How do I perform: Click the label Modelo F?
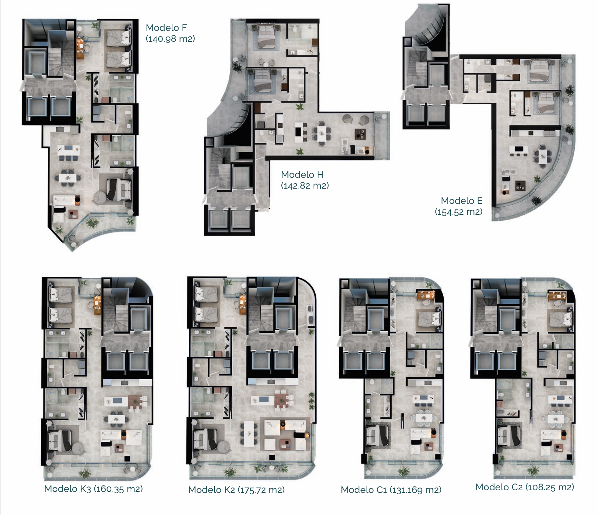pyautogui.click(x=166, y=28)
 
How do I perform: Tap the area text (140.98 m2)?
pyautogui.click(x=170, y=39)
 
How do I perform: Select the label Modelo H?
pyautogui.click(x=302, y=175)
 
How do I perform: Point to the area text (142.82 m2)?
pyautogui.click(x=305, y=186)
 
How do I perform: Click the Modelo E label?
pyautogui.click(x=462, y=201)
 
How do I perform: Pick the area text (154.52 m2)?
pyautogui.click(x=459, y=212)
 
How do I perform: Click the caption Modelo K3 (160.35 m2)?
pyautogui.click(x=93, y=489)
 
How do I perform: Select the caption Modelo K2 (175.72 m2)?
pyautogui.click(x=236, y=490)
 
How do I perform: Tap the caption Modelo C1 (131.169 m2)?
pyautogui.click(x=391, y=490)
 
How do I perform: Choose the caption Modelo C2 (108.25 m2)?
pyautogui.click(x=525, y=487)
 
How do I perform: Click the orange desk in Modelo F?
pyautogui.click(x=80, y=49)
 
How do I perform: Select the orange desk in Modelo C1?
pyautogui.click(x=426, y=295)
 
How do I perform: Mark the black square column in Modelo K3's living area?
pyautogui.click(x=127, y=459)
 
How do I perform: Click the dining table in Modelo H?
pyautogui.click(x=321, y=132)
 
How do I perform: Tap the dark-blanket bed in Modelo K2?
pyautogui.click(x=206, y=438)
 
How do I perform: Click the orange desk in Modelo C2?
pyautogui.click(x=557, y=295)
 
